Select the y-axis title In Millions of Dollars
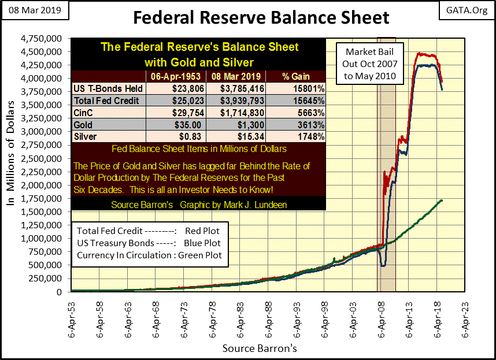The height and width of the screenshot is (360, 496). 10,165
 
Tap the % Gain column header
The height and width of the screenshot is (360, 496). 297,76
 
